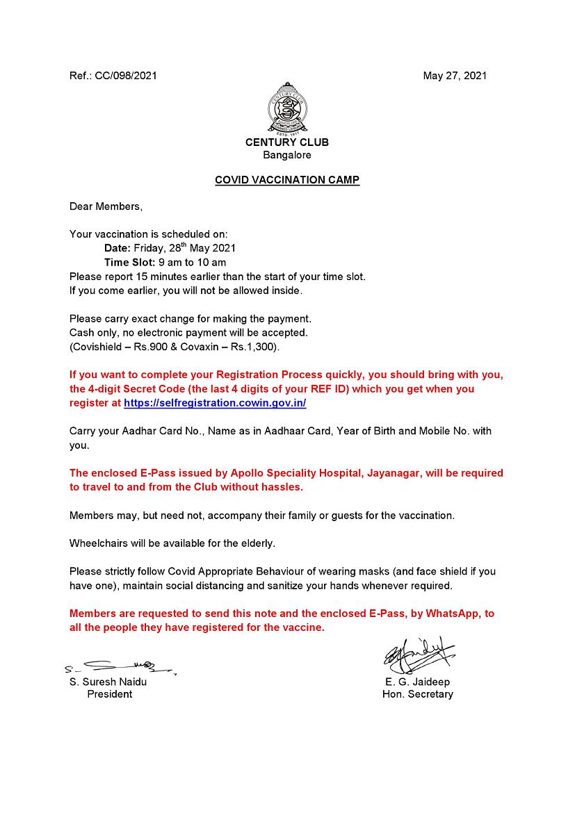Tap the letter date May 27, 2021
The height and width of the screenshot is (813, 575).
coord(455,76)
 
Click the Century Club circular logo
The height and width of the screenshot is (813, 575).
coord(287,111)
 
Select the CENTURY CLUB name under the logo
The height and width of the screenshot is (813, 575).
coord(287,142)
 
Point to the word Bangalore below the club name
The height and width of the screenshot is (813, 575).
coord(287,155)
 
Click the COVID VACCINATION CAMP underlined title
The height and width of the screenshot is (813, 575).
coord(287,180)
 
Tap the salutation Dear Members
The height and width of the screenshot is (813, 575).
coord(106,206)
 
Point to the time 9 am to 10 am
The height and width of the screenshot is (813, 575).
coord(193,262)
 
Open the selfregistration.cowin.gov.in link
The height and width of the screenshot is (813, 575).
coord(215,403)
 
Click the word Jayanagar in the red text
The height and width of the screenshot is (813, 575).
coord(391,473)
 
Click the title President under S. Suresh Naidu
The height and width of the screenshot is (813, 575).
coord(109,694)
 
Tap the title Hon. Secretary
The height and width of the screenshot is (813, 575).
coord(417,694)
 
